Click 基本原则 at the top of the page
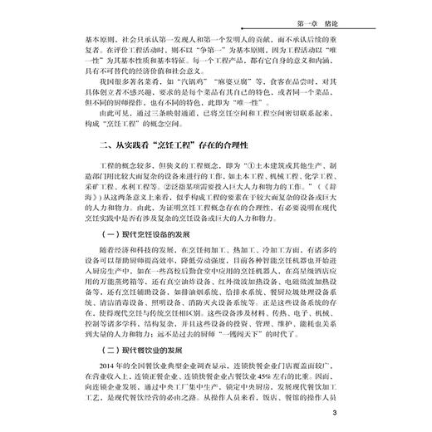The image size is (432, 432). (x=85, y=37)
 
